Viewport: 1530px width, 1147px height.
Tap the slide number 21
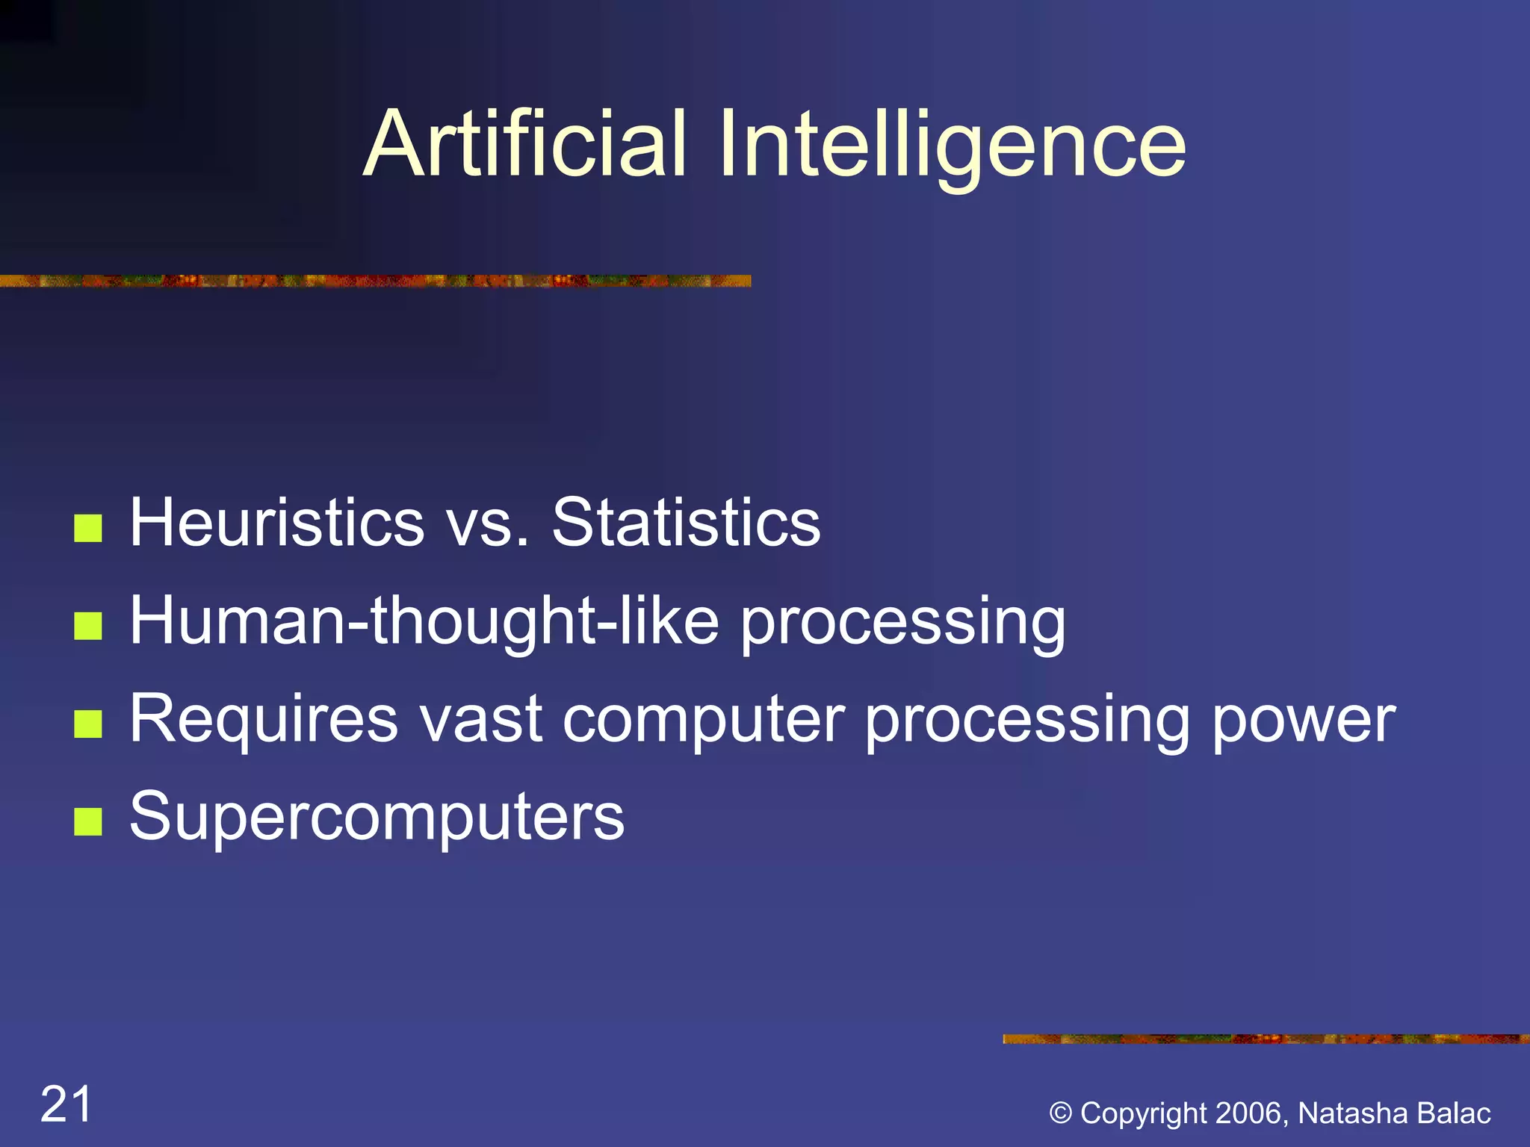66,1104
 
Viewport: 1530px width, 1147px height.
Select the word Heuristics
277,523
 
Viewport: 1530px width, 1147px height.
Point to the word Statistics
686,523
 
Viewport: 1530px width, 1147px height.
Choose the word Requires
264,719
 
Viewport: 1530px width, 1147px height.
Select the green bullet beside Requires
88,724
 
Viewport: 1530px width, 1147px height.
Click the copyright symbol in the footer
1060,1113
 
